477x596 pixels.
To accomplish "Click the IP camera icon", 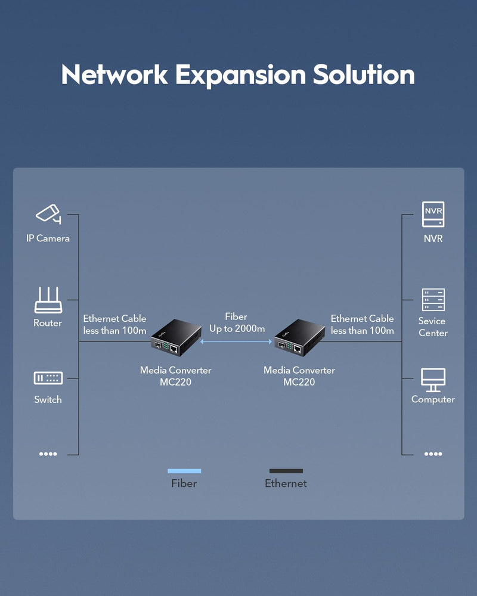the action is point(48,213).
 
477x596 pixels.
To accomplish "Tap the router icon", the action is point(48,300).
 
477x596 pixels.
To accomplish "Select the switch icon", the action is point(48,378).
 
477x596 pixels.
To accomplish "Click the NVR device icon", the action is point(433,215).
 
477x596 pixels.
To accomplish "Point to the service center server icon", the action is point(433,300).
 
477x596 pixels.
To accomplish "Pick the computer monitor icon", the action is point(433,380).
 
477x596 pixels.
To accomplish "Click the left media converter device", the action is point(176,337).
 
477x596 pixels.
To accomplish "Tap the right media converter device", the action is point(300,337).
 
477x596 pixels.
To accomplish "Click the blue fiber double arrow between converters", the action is point(236,342).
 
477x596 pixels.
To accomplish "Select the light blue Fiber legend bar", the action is point(184,471).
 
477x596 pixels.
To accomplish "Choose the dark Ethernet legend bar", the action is point(286,471).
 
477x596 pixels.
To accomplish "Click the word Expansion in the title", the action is point(240,75).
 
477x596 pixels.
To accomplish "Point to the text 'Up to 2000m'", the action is point(237,329).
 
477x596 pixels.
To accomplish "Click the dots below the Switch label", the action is point(48,454).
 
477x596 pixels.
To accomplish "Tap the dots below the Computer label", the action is point(433,454).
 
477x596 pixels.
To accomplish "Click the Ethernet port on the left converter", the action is point(174,349).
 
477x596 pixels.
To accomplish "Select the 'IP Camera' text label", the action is point(48,238).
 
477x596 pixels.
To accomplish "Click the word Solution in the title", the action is point(364,74).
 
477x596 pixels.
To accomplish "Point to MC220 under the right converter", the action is point(299,382).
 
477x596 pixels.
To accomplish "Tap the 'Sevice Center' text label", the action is point(433,327).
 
